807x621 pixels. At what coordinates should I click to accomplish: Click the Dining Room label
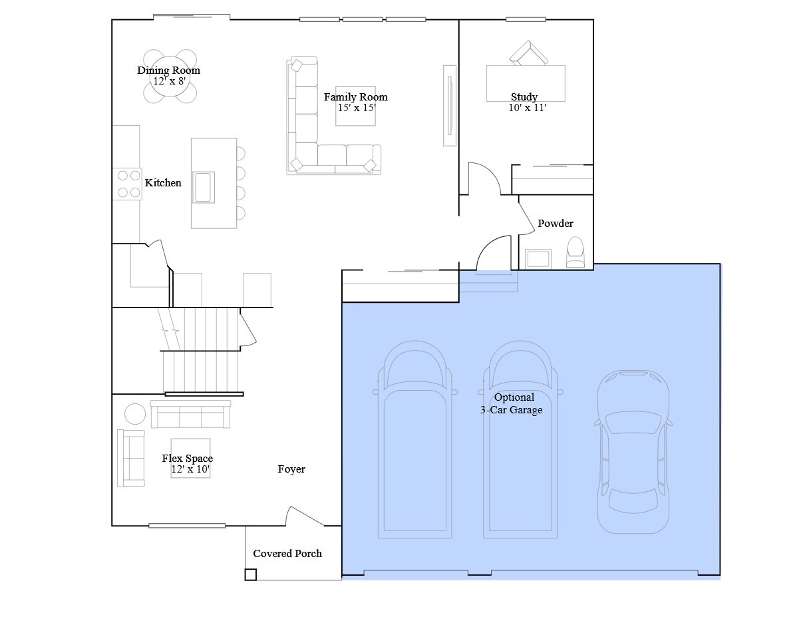[168, 70]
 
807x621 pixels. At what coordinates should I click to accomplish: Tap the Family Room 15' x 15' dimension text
[357, 108]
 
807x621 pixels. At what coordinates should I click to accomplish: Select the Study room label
[524, 97]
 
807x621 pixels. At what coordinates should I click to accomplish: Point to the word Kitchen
[163, 183]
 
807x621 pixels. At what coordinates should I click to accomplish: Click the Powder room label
[556, 223]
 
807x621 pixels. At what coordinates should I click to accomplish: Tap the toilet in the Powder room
[575, 252]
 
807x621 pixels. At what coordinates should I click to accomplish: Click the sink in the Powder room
[538, 258]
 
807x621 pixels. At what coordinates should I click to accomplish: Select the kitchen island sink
[203, 187]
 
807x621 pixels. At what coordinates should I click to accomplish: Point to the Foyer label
[291, 469]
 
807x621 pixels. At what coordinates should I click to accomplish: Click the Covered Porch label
[287, 553]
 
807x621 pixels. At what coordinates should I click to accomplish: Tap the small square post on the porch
[250, 574]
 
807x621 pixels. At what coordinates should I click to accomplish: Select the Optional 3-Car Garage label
[512, 403]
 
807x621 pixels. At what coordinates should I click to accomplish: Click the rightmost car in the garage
[633, 451]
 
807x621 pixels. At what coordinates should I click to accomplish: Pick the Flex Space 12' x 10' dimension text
[190, 469]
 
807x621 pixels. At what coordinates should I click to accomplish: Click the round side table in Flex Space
[135, 413]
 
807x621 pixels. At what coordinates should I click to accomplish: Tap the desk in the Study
[526, 84]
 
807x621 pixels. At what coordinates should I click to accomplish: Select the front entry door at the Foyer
[305, 516]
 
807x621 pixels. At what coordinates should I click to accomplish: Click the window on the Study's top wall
[526, 19]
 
